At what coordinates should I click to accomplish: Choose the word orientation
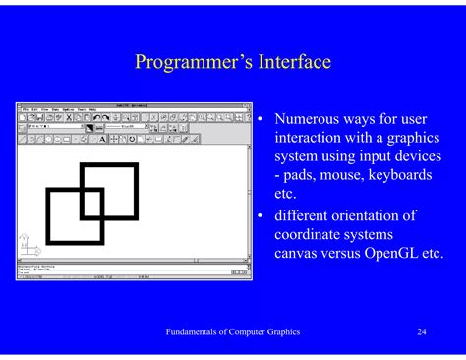377,215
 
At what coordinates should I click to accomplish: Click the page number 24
421,332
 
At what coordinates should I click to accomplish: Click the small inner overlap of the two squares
91,203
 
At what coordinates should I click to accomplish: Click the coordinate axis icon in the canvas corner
27,241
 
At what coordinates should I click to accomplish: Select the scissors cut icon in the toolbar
68,117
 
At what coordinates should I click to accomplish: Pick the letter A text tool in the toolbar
103,139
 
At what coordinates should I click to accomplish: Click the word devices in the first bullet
414,155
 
